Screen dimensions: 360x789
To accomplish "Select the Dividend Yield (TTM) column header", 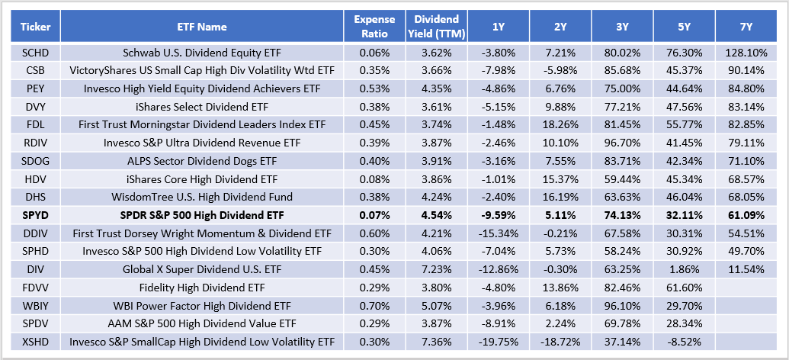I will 436,26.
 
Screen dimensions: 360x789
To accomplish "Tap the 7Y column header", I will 746,26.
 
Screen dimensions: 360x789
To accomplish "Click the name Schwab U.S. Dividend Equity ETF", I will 201,53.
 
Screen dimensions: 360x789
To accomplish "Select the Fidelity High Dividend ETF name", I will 201,288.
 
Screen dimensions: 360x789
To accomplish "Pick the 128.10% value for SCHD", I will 746,53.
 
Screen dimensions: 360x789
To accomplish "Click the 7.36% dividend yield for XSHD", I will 436,341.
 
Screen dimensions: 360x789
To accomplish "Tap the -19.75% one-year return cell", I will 498,341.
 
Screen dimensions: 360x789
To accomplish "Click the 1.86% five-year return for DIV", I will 684,269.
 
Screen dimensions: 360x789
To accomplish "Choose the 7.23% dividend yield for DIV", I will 436,269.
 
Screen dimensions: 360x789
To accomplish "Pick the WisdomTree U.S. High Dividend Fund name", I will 201,197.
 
